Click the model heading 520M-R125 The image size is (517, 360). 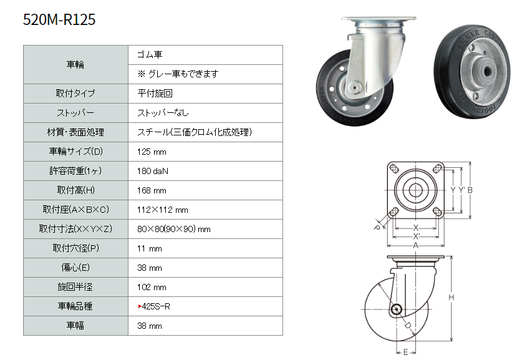point(59,19)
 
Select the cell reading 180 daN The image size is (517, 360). point(153,171)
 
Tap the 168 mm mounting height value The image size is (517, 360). point(152,190)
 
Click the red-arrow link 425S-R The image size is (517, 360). point(154,306)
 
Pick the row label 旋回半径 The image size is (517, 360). point(75,287)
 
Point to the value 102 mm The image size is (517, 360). point(152,287)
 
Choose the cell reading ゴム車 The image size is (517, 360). point(150,54)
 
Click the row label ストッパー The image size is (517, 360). point(75,113)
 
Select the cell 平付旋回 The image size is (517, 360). point(155,94)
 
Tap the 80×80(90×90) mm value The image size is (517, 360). point(174,229)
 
